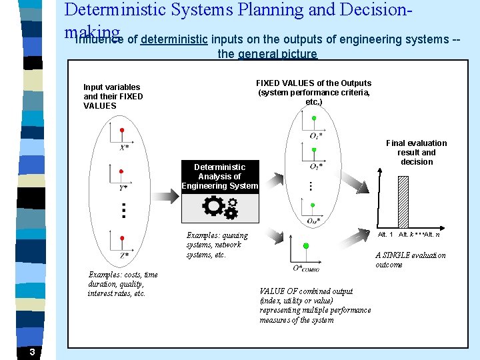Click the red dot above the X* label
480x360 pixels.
coord(122,129)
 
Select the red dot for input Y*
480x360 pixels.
coord(121,171)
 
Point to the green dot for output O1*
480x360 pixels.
coord(314,118)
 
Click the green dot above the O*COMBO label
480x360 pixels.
coord(306,246)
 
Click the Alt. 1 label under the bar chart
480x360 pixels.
coord(386,235)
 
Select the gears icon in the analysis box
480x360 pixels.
coord(220,208)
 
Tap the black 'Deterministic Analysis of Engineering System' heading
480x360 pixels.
coord(219,176)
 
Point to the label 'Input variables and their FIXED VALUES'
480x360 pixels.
coord(113,96)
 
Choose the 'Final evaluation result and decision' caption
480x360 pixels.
coord(417,152)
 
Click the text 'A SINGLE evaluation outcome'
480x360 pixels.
coord(410,260)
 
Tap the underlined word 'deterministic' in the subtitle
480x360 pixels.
coord(174,39)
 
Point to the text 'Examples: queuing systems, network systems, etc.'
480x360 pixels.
coord(217,245)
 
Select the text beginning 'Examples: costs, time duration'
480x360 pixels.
coord(123,284)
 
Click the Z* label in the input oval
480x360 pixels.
coord(125,255)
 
